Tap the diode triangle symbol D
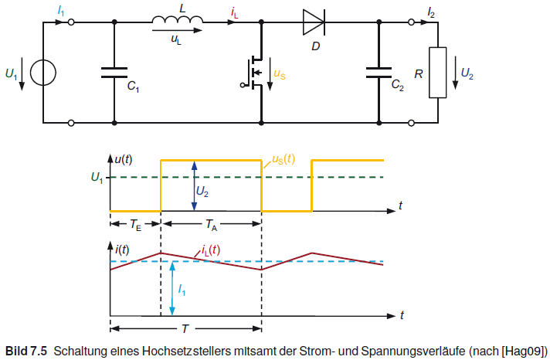[314, 22]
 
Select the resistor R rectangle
[437, 73]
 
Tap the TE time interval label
[134, 226]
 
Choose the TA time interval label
[211, 226]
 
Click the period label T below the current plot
[185, 328]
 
